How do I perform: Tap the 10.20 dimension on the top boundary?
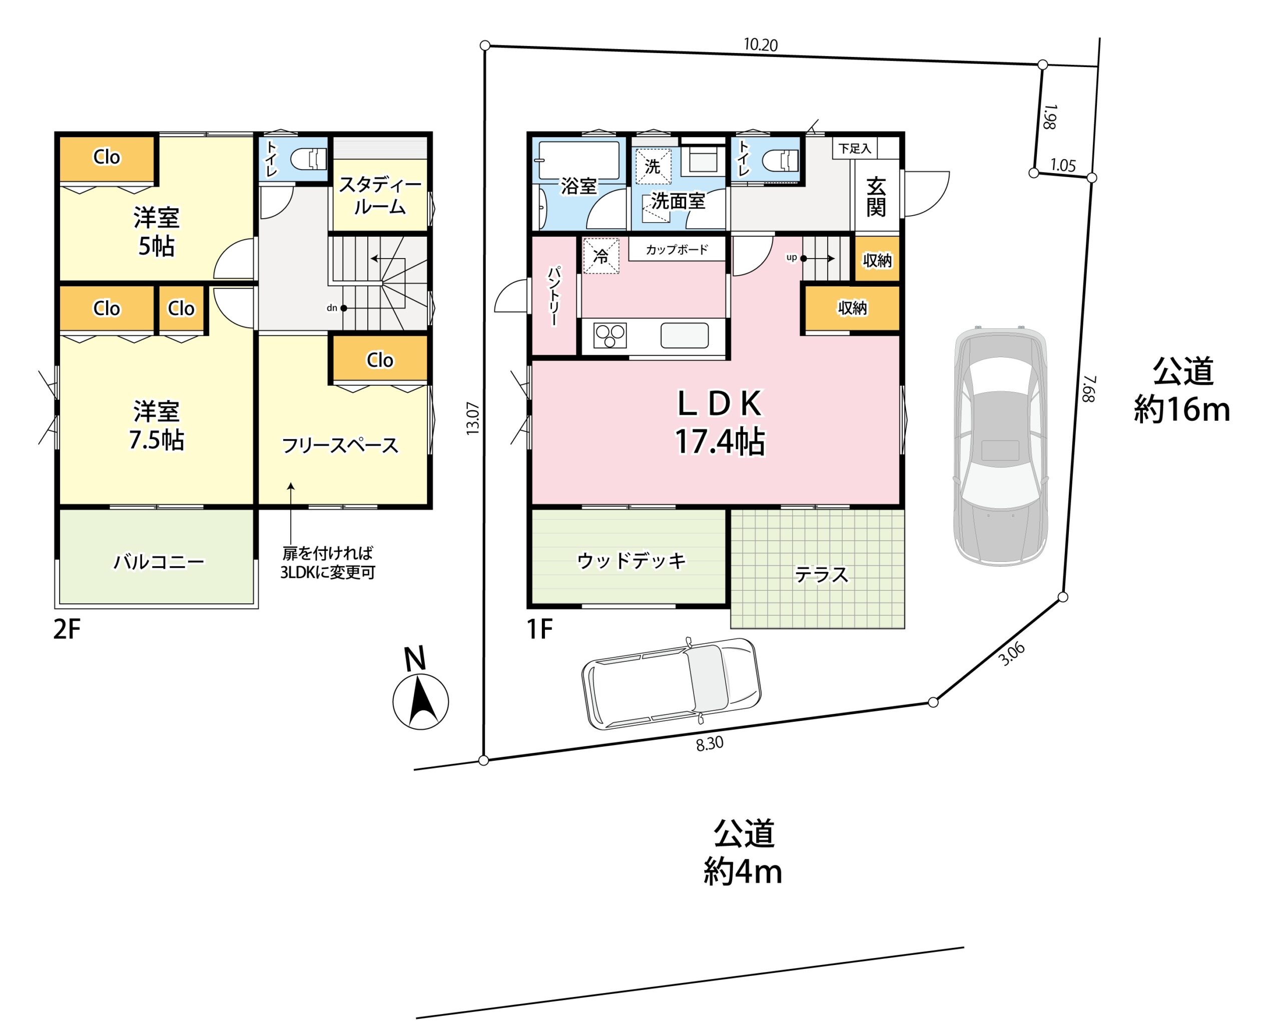click(761, 45)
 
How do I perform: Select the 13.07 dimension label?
click(473, 418)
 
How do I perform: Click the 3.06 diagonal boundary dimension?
click(1012, 653)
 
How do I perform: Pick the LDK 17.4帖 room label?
click(720, 423)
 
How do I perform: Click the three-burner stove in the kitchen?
click(610, 335)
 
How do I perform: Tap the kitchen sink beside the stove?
click(684, 335)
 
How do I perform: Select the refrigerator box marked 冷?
click(600, 256)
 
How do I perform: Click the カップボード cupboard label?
click(677, 250)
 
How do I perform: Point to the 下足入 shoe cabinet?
click(855, 148)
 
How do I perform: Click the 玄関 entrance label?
click(876, 197)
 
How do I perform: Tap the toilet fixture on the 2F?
click(309, 160)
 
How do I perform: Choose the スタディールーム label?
click(380, 196)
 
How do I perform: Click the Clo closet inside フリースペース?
click(380, 360)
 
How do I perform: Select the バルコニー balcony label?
click(159, 562)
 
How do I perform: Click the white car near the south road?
click(671, 683)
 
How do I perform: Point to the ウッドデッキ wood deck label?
click(631, 560)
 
